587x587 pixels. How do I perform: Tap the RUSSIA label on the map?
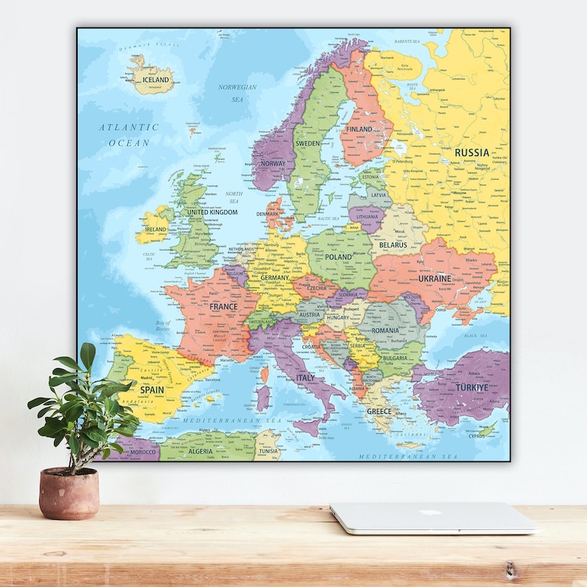coord(472,152)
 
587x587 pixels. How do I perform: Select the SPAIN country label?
coord(152,389)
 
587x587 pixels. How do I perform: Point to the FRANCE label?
coord(223,306)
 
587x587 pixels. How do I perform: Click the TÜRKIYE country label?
coord(472,387)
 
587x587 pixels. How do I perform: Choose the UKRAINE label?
coord(434,279)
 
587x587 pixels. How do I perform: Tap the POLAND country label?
coord(339,257)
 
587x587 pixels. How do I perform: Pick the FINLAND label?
coord(359,129)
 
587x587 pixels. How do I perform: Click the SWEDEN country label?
coord(308,143)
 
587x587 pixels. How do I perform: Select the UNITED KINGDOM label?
coord(212,212)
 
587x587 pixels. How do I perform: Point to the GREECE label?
coord(379,411)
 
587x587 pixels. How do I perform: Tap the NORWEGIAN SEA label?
coord(237,92)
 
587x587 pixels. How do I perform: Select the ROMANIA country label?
coord(385,330)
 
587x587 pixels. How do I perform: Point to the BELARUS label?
coord(393,244)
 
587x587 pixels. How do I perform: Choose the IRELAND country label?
coord(155,229)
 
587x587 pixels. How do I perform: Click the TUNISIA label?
coord(268,450)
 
